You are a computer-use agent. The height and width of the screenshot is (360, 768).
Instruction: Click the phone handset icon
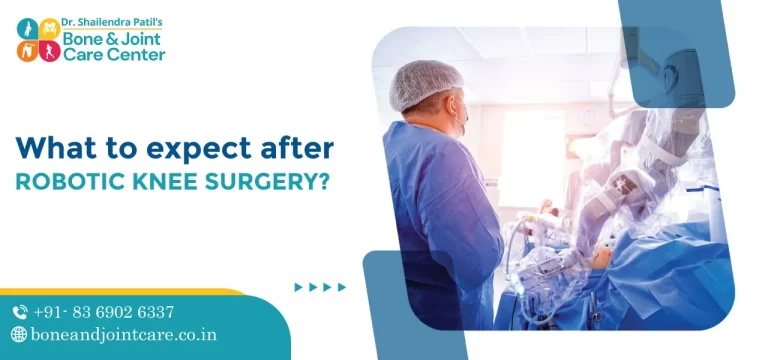20,312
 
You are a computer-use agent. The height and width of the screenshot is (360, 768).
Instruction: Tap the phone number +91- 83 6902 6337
104,312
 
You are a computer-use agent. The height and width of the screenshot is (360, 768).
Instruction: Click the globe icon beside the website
19,335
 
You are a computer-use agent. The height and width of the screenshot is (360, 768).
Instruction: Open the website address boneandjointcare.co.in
126,335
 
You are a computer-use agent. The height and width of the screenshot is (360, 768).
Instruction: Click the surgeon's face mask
459,121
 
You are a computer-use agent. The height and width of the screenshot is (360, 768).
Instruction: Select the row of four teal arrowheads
320,287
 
